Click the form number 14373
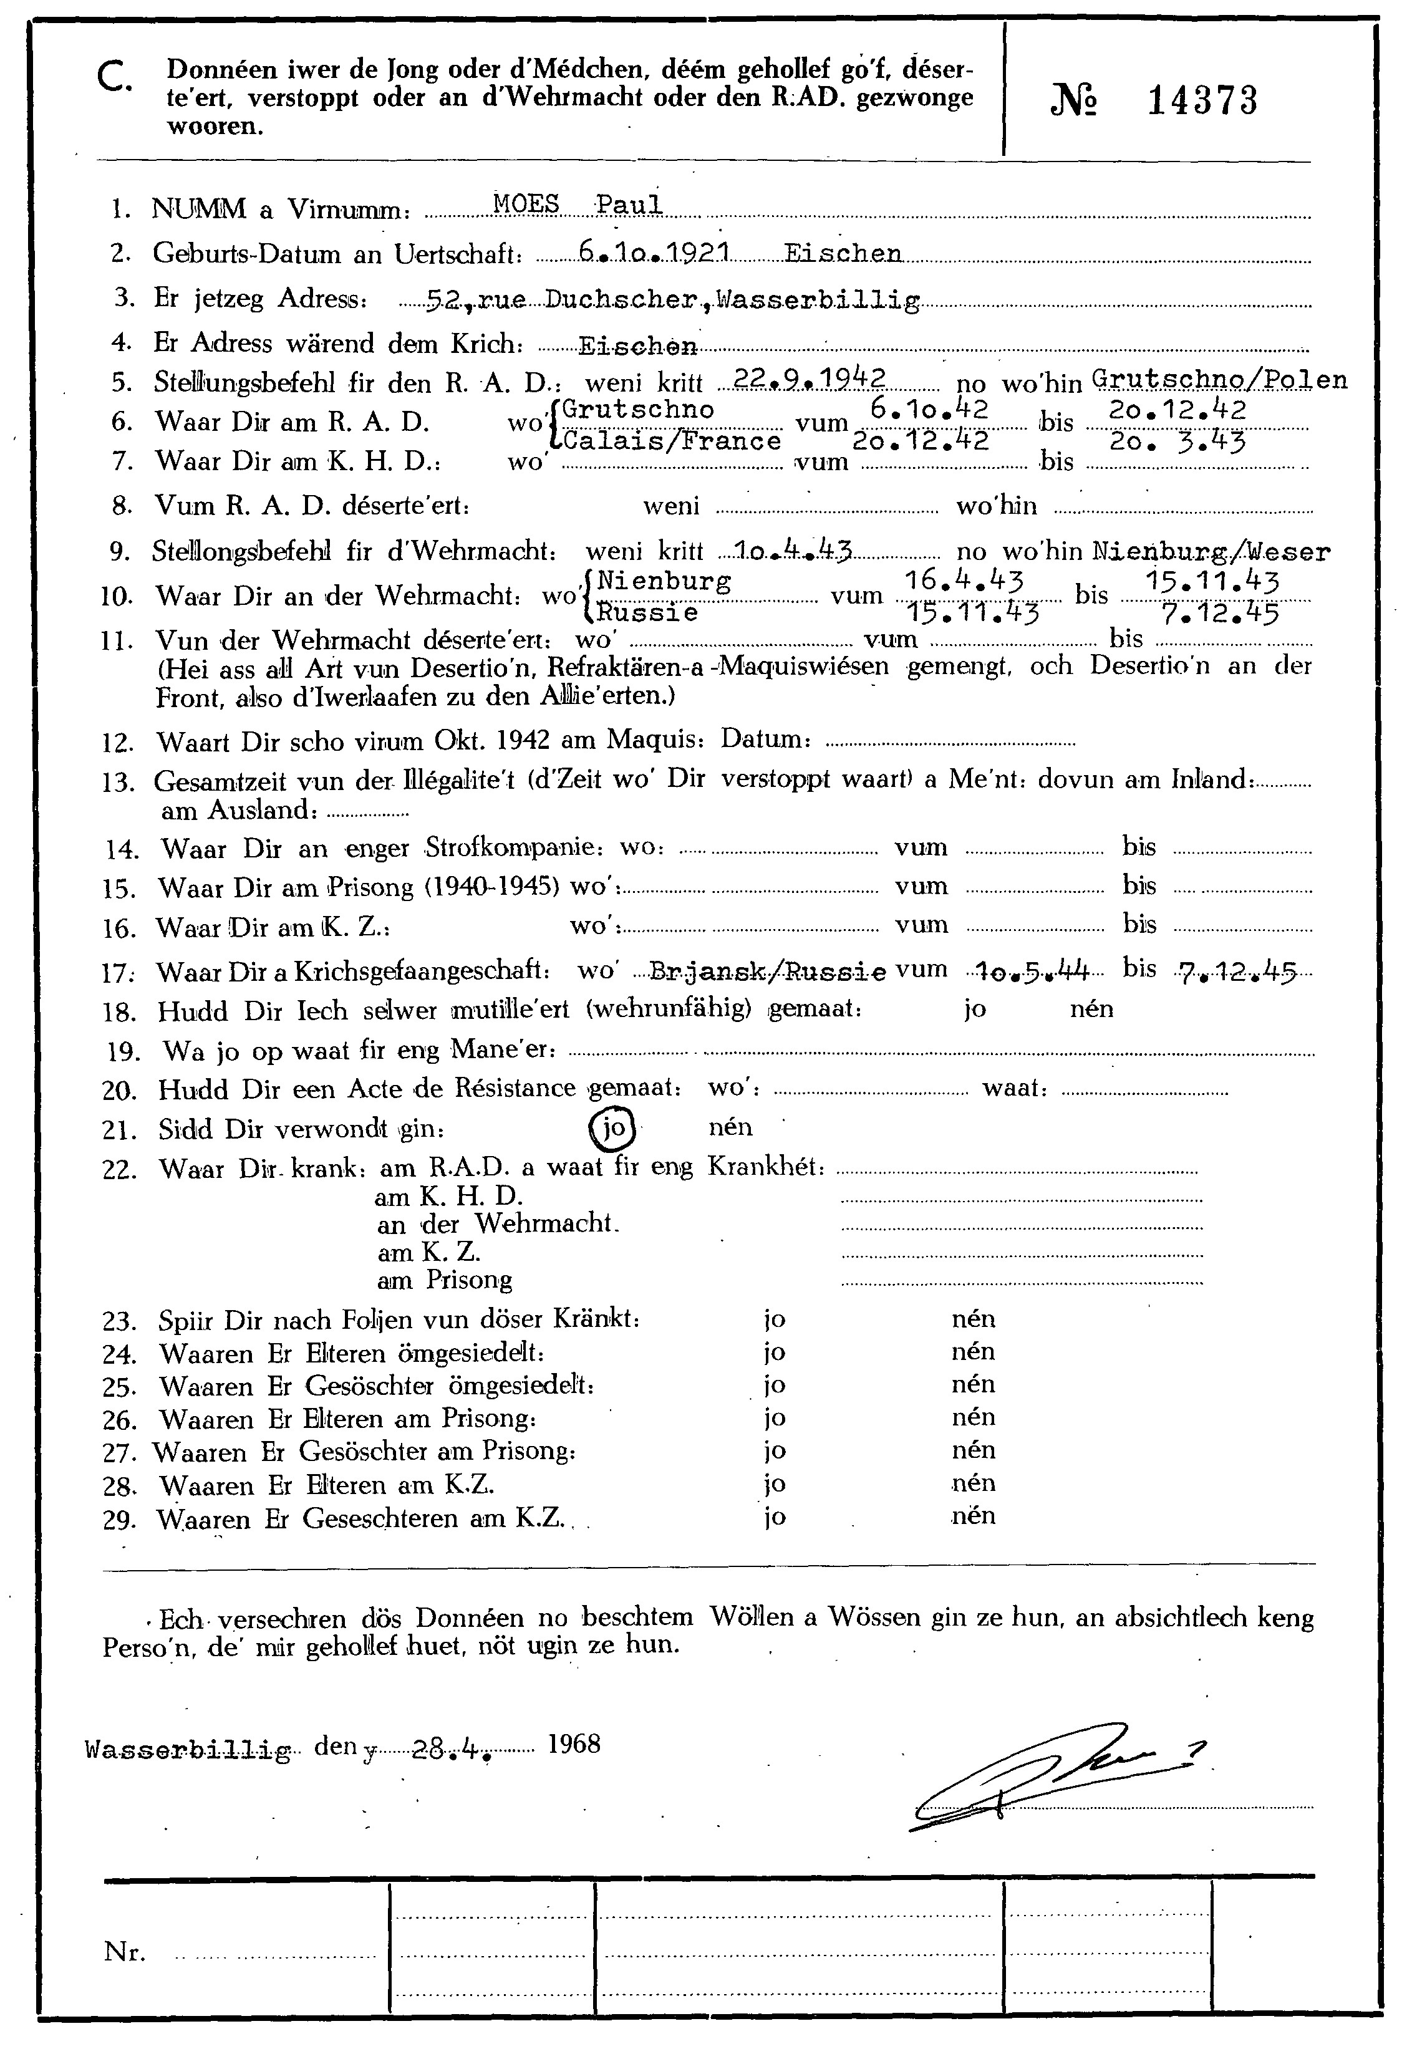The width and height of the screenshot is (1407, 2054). click(1202, 102)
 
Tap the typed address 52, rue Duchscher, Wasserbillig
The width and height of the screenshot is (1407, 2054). click(672, 301)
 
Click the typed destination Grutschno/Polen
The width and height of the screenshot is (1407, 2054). click(1219, 379)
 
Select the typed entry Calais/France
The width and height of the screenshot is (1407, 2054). click(672, 440)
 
